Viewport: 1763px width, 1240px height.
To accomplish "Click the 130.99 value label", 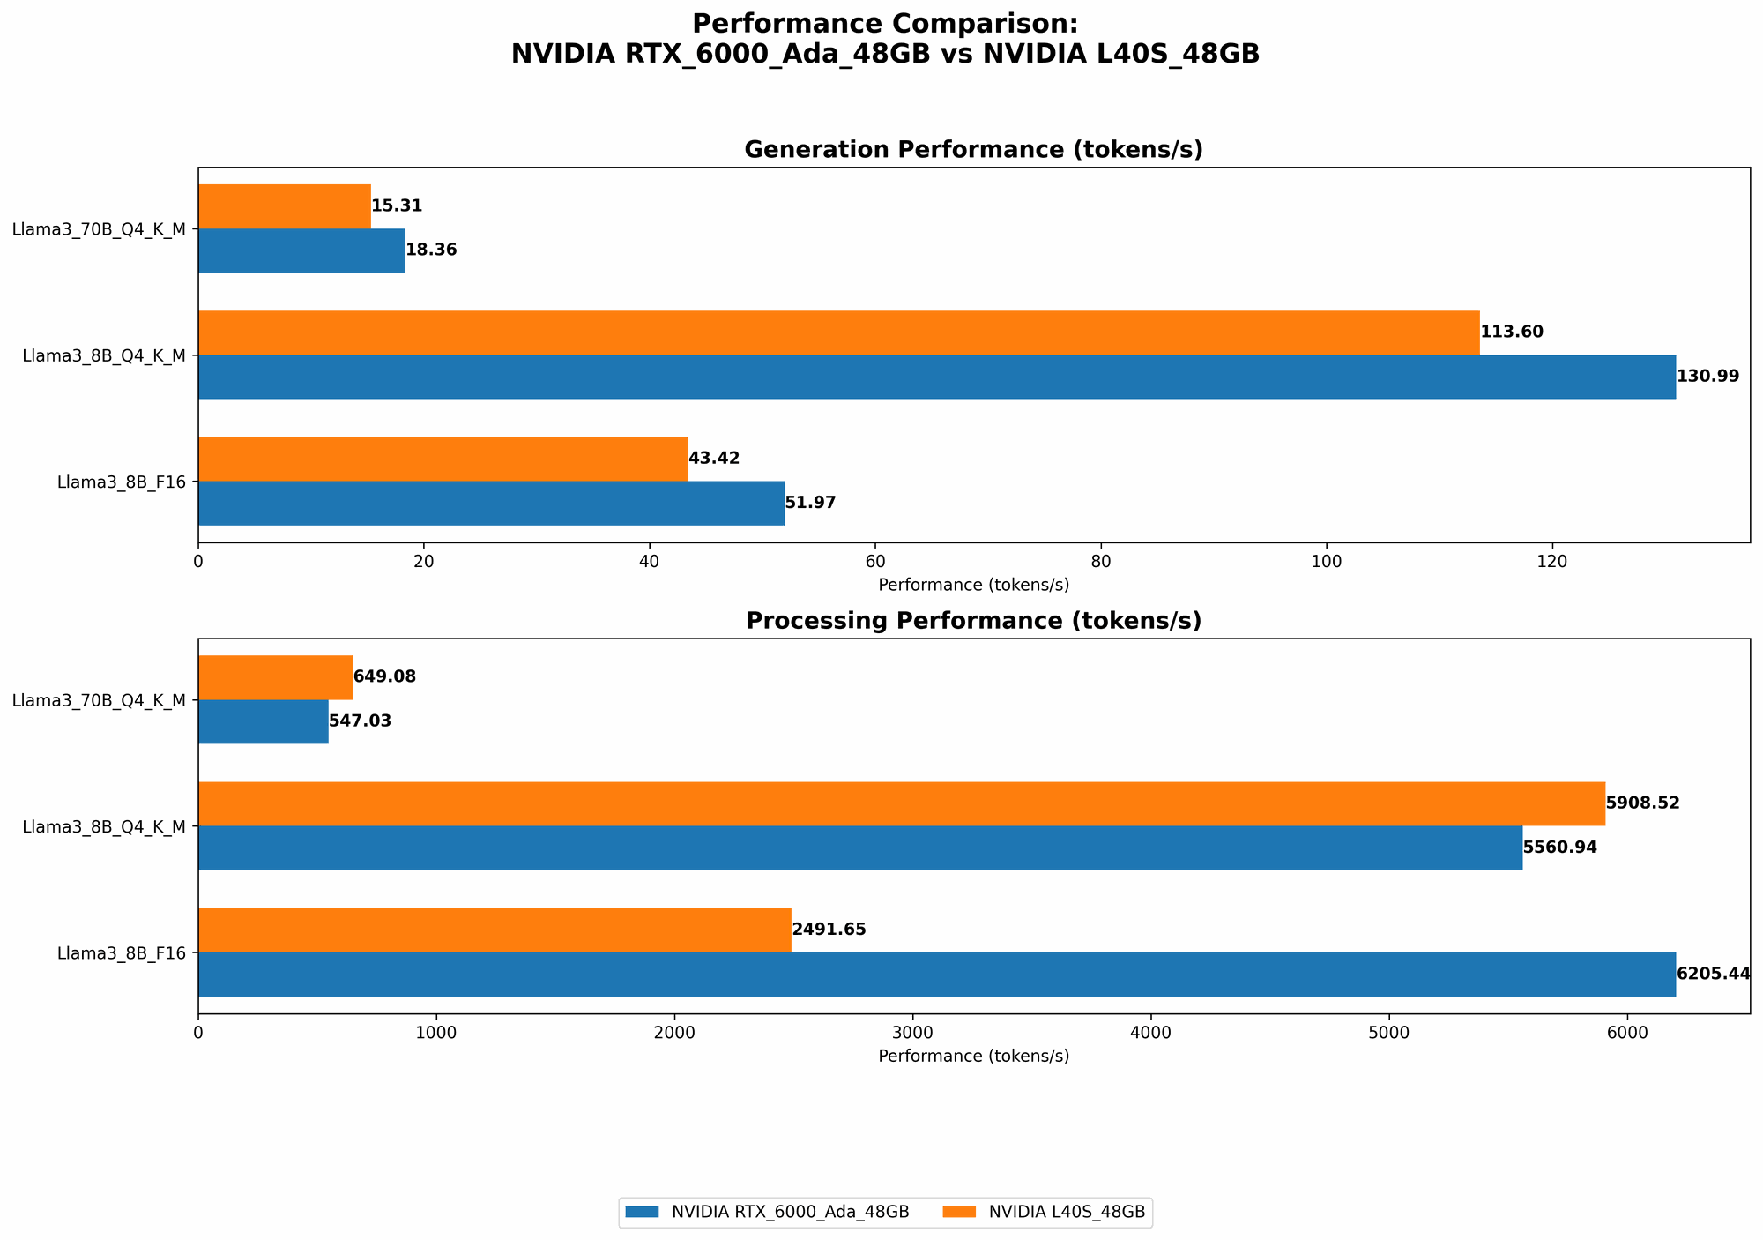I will coord(1707,377).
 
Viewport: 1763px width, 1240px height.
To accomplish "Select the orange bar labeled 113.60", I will coord(837,332).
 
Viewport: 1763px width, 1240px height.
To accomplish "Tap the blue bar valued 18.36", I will coord(301,250).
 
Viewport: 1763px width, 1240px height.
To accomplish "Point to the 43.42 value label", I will coord(713,459).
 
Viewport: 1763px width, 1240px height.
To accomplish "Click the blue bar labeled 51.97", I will coord(491,503).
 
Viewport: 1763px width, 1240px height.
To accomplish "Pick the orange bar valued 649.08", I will coord(275,677).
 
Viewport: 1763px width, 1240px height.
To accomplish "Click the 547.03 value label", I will coord(360,721).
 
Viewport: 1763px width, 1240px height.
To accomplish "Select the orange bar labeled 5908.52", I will coord(901,803).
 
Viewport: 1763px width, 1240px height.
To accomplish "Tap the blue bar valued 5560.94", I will coord(859,848).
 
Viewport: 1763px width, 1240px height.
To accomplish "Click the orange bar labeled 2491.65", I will coord(495,930).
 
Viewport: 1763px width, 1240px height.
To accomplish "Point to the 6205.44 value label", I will coord(1713,974).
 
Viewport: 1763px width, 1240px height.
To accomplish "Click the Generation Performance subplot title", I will coord(973,150).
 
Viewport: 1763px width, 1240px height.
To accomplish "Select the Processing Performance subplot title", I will coord(973,621).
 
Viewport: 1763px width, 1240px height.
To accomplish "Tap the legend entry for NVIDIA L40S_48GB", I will coord(1047,1214).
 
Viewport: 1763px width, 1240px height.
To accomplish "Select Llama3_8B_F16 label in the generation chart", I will coord(122,482).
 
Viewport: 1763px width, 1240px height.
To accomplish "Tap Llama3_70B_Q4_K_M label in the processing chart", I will coord(99,700).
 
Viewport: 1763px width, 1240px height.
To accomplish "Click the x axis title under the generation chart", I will coord(973,585).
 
